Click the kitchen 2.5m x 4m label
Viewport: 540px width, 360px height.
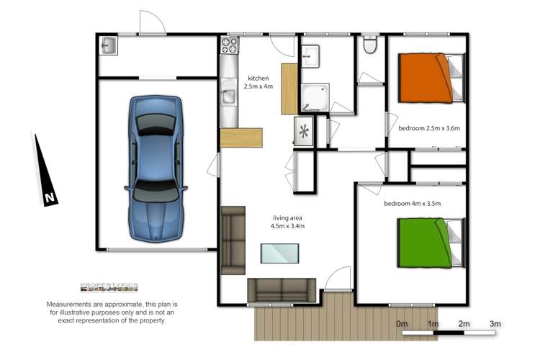[258, 83]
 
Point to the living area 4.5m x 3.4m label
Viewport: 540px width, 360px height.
[288, 222]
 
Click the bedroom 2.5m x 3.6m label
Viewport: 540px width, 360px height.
[428, 129]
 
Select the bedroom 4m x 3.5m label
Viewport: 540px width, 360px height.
[412, 204]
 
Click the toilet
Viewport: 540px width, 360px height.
[371, 45]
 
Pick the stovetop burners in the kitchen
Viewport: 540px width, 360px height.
[229, 45]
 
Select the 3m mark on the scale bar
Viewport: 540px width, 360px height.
[495, 325]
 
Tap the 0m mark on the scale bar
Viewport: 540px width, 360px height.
[402, 325]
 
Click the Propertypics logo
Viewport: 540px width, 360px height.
[109, 287]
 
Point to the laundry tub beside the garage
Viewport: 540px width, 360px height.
[109, 46]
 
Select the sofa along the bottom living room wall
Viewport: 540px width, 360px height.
[281, 290]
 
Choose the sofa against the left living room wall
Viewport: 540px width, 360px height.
[233, 239]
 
